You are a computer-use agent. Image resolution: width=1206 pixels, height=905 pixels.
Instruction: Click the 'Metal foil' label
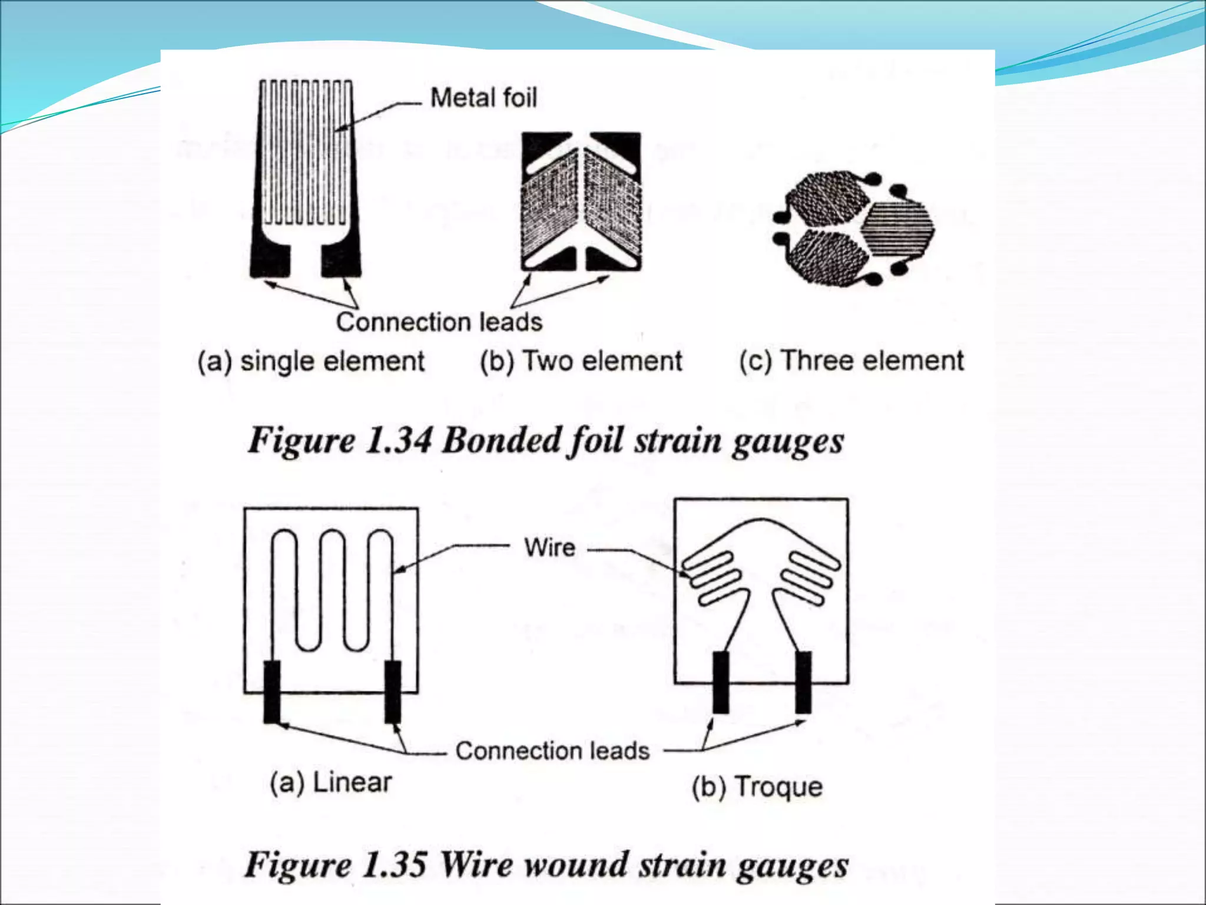click(x=483, y=98)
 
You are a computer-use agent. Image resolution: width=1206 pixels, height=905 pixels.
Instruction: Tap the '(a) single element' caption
click(x=311, y=361)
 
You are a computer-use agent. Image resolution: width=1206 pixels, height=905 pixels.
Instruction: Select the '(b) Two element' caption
click(x=581, y=361)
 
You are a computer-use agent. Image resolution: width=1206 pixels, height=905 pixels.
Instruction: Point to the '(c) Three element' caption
click(x=852, y=361)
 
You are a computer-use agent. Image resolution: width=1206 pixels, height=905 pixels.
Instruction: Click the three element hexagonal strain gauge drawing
click(x=853, y=228)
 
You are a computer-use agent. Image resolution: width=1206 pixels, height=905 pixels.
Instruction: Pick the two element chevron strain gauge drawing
click(x=581, y=202)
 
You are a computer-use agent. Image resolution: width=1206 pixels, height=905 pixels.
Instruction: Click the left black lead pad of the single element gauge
click(x=271, y=259)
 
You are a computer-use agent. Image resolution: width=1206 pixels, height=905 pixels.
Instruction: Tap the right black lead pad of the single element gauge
click(x=340, y=259)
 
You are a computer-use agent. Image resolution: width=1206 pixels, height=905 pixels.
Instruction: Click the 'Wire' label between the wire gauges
click(x=549, y=547)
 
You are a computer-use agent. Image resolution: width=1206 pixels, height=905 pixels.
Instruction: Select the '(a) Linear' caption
click(x=330, y=782)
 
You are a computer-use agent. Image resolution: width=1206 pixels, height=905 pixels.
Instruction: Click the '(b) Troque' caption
click(x=757, y=787)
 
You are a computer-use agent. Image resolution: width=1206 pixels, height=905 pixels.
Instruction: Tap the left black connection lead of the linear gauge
click(x=271, y=692)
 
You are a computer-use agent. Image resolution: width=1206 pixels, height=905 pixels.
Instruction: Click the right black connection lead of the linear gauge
click(x=393, y=692)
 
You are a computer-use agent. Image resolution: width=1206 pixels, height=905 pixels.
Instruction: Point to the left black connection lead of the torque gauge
click(x=721, y=682)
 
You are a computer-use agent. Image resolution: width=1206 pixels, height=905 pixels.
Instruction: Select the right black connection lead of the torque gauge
click(x=803, y=682)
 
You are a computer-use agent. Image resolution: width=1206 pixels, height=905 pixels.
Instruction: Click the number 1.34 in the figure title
click(x=399, y=441)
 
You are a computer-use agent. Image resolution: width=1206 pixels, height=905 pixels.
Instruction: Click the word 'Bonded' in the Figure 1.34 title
click(x=500, y=441)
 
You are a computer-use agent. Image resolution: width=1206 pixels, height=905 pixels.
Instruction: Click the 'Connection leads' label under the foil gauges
click(x=439, y=322)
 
